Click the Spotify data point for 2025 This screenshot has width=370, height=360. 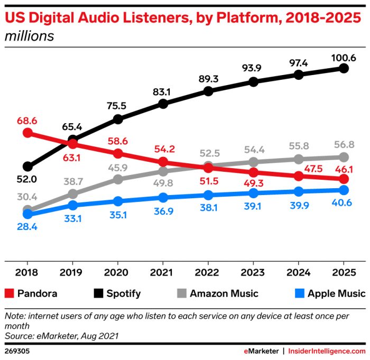tap(344, 68)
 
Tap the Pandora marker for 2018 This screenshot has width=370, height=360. tap(28, 132)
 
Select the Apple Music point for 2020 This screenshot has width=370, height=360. tap(118, 201)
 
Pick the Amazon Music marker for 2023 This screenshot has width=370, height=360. tap(253, 162)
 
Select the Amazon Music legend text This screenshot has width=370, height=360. tap(224, 293)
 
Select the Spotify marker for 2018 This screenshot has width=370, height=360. tap(28, 167)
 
